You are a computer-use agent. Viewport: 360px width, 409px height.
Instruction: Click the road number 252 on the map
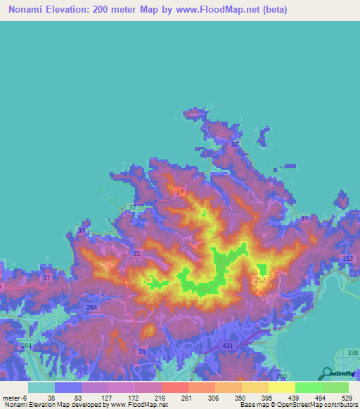click(x=260, y=280)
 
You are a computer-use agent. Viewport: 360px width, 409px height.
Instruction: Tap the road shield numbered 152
click(x=348, y=259)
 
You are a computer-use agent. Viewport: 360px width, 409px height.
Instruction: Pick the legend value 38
click(x=51, y=398)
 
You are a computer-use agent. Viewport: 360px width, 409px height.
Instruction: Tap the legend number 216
click(x=159, y=398)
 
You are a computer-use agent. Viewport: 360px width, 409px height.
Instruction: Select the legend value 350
click(x=239, y=398)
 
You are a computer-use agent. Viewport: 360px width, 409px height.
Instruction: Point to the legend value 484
click(x=320, y=398)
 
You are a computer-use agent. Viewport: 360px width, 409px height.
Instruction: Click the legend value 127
click(x=105, y=398)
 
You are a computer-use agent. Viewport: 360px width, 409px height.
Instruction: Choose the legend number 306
click(x=212, y=398)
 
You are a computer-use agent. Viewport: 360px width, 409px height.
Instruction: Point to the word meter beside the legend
click(x=11, y=398)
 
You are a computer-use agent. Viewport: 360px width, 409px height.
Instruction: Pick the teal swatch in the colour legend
click(x=41, y=387)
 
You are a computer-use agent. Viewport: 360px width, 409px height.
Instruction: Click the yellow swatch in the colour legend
click(x=281, y=387)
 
